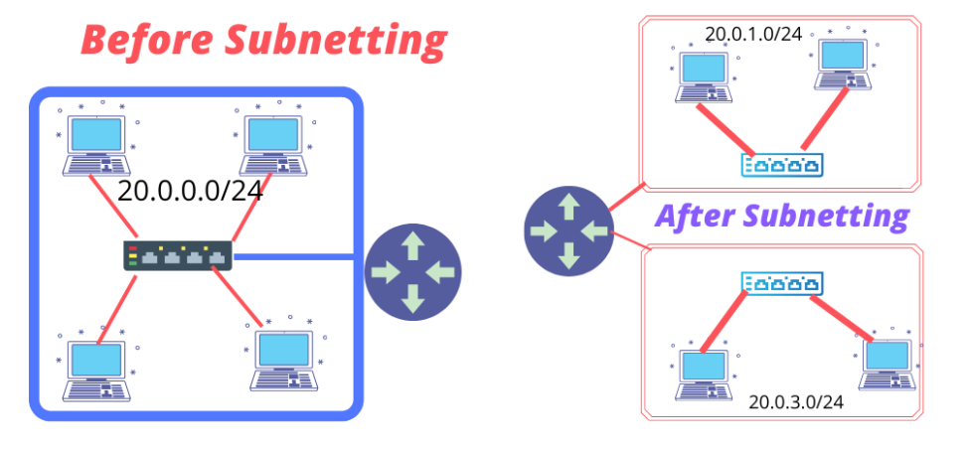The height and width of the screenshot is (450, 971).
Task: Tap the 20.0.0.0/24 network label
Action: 190,191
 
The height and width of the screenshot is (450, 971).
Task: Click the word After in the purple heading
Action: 696,216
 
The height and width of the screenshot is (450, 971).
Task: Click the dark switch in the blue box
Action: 177,255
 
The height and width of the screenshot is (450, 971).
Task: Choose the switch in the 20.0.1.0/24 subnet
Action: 783,166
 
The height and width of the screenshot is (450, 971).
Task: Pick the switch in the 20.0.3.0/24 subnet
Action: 783,285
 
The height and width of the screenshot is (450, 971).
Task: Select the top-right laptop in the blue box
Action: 274,145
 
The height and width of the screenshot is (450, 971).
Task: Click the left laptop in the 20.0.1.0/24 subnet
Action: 704,75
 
